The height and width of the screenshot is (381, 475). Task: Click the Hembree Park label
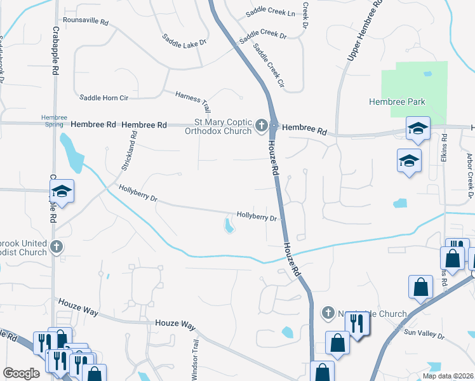[x=397, y=102]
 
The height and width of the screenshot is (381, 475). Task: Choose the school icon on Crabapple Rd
[x=62, y=190]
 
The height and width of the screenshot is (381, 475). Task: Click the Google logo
[x=22, y=373]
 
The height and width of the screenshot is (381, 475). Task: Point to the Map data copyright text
[x=447, y=376]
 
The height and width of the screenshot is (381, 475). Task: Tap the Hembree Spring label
[x=54, y=121]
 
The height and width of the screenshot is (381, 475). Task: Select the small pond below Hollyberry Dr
[x=228, y=225]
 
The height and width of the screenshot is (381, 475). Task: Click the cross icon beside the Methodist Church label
[x=57, y=247]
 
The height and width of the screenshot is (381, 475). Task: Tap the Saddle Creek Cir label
[x=269, y=65]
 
